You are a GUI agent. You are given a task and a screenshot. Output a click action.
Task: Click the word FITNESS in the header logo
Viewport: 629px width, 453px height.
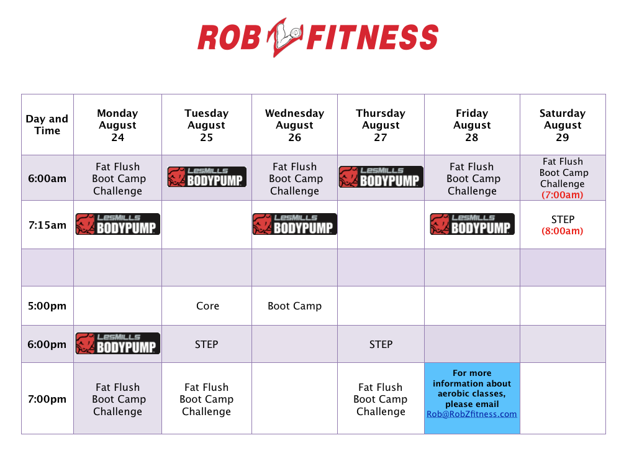[x=373, y=37]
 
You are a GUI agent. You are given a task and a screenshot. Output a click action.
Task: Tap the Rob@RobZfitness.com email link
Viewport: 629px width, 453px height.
[x=472, y=414]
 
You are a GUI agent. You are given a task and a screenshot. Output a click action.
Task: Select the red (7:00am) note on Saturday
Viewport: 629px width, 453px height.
[x=562, y=194]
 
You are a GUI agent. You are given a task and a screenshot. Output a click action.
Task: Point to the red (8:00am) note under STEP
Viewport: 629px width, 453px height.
[x=562, y=231]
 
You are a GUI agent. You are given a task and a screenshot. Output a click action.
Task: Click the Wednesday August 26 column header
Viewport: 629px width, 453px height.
[x=294, y=125]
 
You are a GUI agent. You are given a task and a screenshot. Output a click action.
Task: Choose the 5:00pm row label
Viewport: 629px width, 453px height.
[x=47, y=306]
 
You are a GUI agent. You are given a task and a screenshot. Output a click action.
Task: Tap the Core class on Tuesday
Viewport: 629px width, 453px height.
[x=207, y=306]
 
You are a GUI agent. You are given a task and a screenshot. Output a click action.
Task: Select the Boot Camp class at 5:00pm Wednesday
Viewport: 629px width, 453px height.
[x=294, y=306]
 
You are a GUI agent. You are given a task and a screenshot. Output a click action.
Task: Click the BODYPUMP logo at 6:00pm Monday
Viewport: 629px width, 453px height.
[x=118, y=344]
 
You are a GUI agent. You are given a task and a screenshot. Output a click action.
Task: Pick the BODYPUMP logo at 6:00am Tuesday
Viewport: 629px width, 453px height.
[x=207, y=177]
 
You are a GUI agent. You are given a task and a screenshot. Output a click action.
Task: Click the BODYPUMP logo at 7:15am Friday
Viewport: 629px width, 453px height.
[x=472, y=224]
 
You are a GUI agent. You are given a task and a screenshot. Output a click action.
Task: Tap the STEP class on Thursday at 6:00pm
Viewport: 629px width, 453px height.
[x=381, y=344]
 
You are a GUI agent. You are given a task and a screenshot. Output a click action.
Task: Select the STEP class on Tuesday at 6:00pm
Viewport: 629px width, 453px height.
[x=206, y=344]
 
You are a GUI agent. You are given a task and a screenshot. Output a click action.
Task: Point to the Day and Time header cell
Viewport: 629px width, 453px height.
[x=47, y=124]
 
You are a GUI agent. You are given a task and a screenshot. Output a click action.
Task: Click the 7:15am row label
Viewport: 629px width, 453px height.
[x=47, y=225]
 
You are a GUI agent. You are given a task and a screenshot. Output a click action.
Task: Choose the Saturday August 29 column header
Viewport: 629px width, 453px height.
[x=563, y=125]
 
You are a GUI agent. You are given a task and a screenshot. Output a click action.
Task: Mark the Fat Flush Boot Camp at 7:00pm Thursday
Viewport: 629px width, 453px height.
[x=380, y=399]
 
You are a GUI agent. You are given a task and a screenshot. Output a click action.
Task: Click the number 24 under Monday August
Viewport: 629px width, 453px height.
[x=117, y=137]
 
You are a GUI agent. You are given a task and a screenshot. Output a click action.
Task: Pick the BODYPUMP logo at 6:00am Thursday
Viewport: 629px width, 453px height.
[x=381, y=177]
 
